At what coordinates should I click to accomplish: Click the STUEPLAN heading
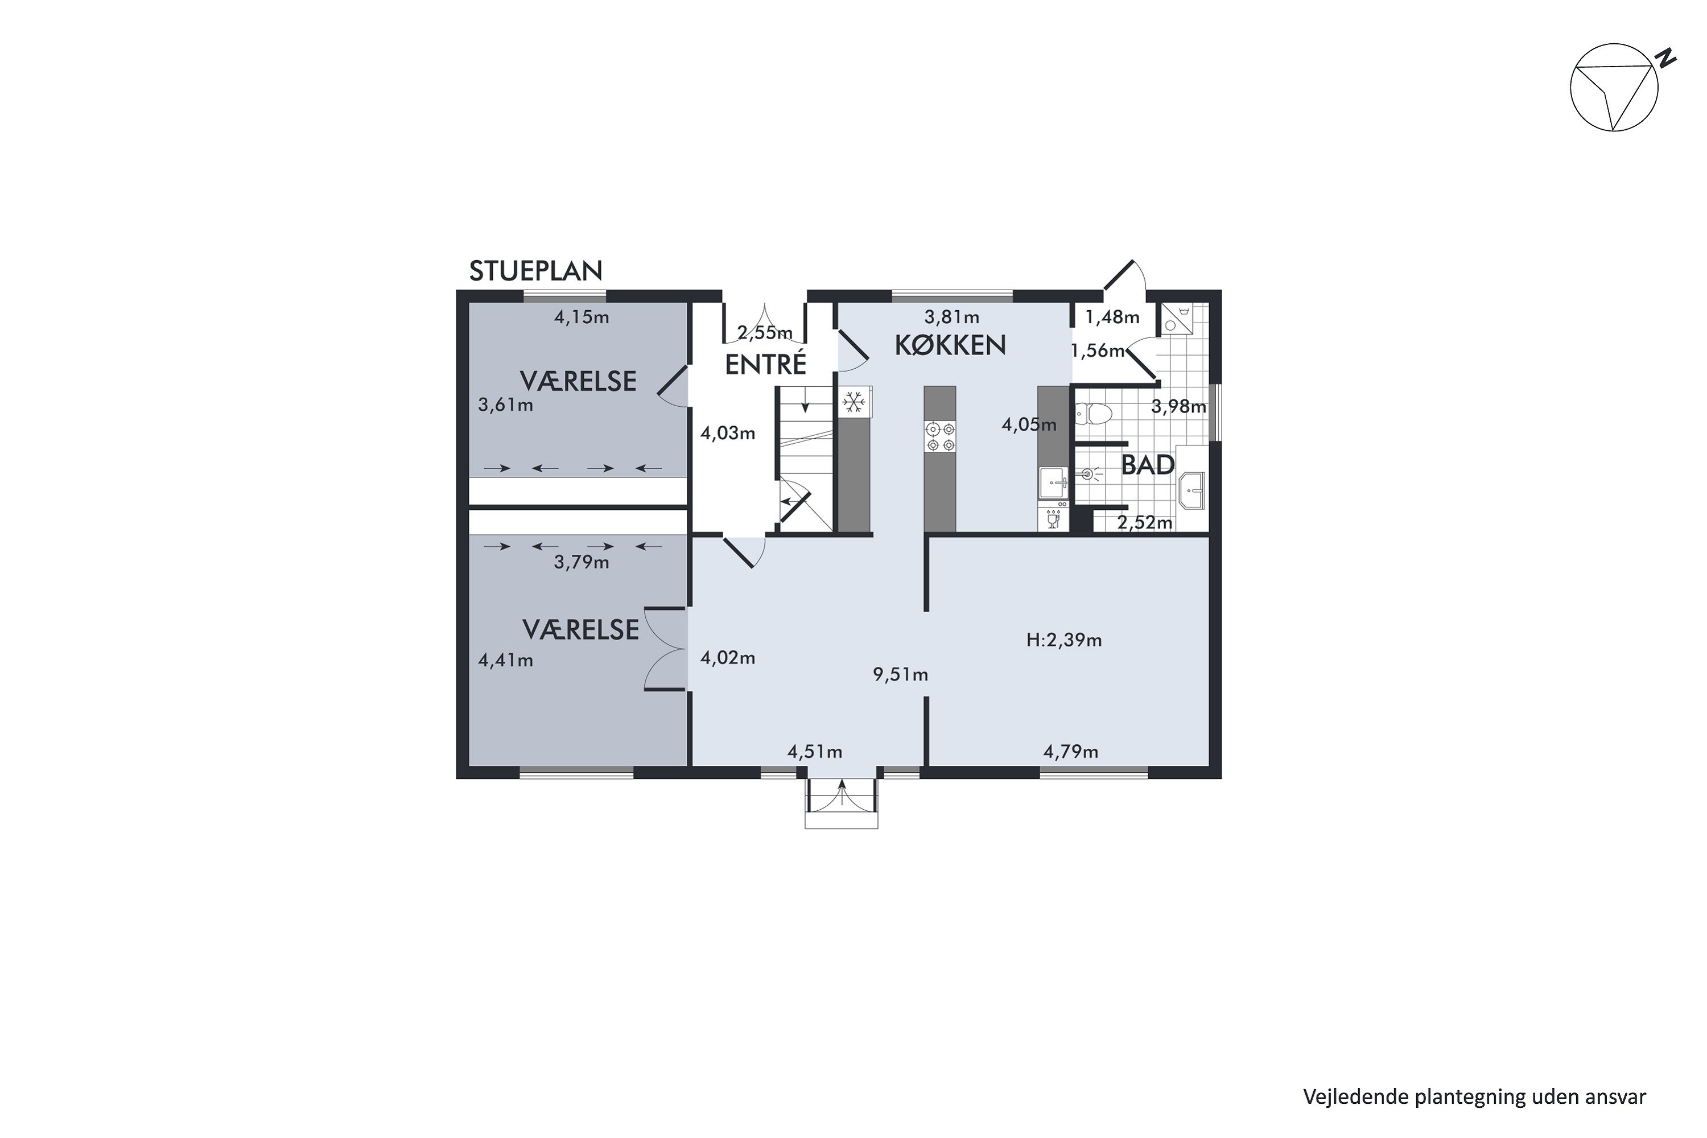click(x=535, y=271)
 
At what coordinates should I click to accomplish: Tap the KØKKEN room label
click(x=950, y=345)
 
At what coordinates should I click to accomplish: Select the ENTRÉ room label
click(x=766, y=364)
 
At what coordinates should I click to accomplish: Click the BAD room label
click(x=1148, y=465)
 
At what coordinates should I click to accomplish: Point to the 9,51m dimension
click(x=900, y=675)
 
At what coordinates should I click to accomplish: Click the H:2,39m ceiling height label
click(x=1064, y=640)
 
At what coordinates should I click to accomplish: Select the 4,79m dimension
click(x=1070, y=752)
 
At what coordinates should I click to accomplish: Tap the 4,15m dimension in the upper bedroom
click(x=582, y=317)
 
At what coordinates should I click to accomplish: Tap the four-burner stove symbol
click(x=940, y=437)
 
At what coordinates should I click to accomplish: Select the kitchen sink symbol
click(x=1053, y=483)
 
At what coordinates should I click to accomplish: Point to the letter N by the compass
click(x=1663, y=58)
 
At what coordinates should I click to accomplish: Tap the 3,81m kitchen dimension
click(x=951, y=317)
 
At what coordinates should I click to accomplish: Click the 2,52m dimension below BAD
click(x=1144, y=522)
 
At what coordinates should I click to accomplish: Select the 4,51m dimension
click(x=814, y=752)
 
